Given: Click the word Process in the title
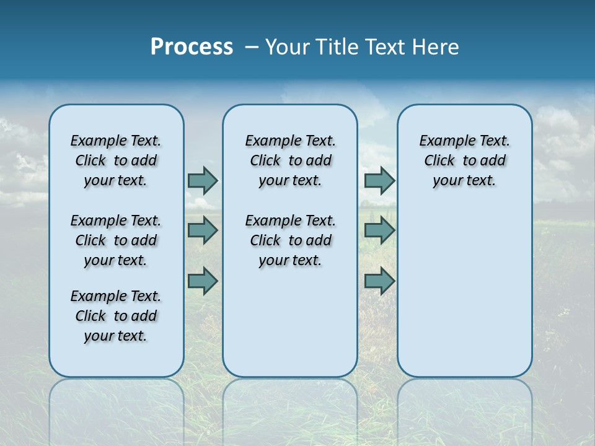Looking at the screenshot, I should pos(192,47).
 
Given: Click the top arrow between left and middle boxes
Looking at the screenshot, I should pos(203,180).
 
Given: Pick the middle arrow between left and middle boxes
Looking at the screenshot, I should pos(203,230).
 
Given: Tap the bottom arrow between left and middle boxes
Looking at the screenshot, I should pos(203,281).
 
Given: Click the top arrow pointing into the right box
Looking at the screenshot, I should pos(379,180).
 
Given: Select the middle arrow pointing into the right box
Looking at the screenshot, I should pos(379,230).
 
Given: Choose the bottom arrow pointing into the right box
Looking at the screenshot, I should pos(379,281).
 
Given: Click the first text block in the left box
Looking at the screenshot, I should pos(116,160).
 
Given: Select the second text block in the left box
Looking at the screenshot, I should pos(116,240).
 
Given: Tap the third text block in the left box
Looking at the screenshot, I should pos(116,316).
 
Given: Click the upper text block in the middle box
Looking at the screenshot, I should pos(290,160).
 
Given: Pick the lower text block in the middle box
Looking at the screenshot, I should pos(290,240).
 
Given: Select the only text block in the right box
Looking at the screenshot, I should pos(464,160).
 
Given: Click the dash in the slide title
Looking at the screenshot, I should pos(252,47).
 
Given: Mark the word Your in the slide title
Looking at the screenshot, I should pos(288,47).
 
